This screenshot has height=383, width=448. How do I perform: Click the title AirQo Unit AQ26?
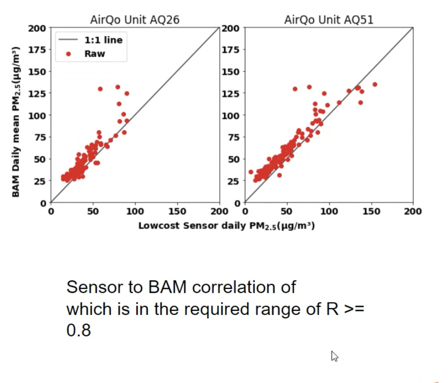pyautogui.click(x=134, y=20)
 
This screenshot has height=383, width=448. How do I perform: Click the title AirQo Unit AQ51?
pyautogui.click(x=329, y=20)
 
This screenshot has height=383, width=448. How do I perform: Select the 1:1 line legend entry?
pyautogui.click(x=103, y=40)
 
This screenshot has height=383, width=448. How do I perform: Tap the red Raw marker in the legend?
pyautogui.click(x=69, y=54)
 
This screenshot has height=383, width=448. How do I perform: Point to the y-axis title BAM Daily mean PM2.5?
pyautogui.click(x=16, y=122)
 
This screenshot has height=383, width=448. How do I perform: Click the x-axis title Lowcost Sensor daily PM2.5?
pyautogui.click(x=226, y=226)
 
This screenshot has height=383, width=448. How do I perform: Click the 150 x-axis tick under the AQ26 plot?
pyautogui.click(x=177, y=211)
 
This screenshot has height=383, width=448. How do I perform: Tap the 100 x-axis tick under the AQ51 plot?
pyautogui.click(x=329, y=211)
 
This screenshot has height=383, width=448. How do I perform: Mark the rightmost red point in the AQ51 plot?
pyautogui.click(x=375, y=84)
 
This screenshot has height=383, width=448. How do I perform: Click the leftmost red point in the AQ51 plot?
pyautogui.click(x=251, y=172)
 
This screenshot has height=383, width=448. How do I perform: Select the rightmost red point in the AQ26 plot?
pyautogui.click(x=127, y=121)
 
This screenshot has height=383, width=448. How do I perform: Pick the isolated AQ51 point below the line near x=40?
pyautogui.click(x=279, y=175)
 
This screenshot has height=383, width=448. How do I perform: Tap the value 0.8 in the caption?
pyautogui.click(x=79, y=330)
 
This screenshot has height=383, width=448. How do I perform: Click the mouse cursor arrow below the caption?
pyautogui.click(x=334, y=356)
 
